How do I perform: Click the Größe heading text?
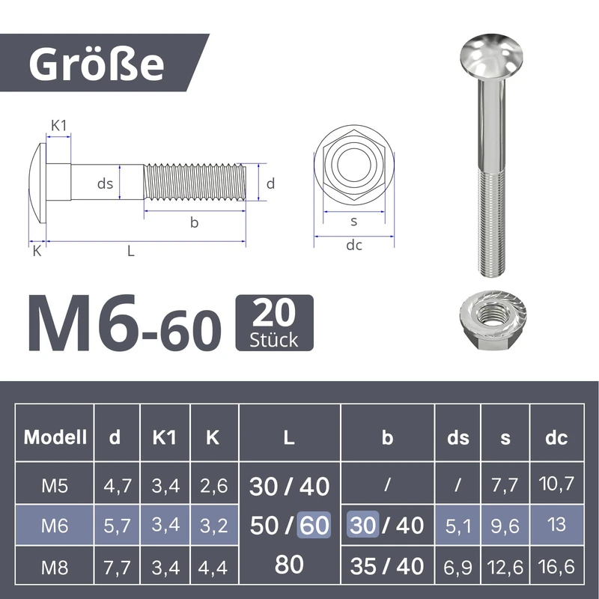(x=97, y=64)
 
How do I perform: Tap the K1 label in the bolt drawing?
(x=59, y=125)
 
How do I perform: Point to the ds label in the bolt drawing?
(x=105, y=183)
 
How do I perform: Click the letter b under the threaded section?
(x=194, y=222)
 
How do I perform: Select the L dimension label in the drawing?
(x=131, y=252)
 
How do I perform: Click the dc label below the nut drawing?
(x=353, y=246)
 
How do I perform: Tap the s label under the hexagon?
(x=353, y=221)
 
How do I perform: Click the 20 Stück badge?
(x=274, y=323)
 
